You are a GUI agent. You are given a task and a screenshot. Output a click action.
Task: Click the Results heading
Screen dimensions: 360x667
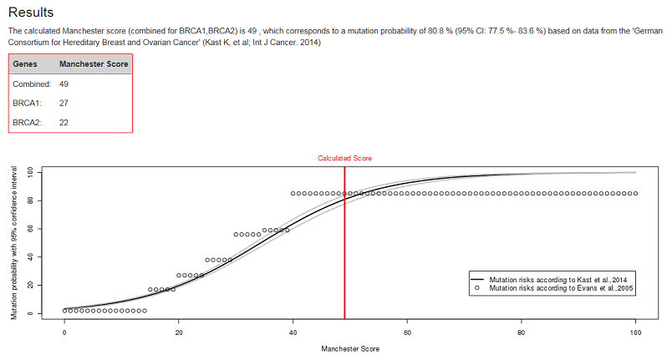(x=31, y=13)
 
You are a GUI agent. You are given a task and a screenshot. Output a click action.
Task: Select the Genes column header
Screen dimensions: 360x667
(x=25, y=63)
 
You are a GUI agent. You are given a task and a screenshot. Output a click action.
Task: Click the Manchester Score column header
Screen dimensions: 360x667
(x=92, y=63)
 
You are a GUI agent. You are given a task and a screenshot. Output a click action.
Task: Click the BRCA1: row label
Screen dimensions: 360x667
(x=29, y=103)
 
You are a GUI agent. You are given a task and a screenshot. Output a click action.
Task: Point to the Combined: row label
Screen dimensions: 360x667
(x=33, y=84)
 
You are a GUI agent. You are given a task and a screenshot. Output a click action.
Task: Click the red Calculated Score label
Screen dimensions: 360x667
(x=344, y=157)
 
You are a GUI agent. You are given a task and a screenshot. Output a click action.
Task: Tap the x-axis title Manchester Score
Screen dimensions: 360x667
(x=350, y=348)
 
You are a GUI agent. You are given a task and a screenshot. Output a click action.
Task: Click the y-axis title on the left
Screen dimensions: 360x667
(x=14, y=243)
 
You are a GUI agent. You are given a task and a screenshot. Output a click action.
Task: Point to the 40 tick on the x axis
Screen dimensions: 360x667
(x=293, y=332)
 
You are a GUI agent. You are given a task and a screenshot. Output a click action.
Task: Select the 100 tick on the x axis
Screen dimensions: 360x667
(x=635, y=332)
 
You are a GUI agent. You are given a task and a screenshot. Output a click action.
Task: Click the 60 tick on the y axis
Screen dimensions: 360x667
(x=30, y=228)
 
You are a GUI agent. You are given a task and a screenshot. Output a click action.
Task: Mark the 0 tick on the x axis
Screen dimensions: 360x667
(x=64, y=332)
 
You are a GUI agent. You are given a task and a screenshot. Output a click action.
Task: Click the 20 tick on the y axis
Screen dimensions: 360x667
(x=30, y=285)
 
